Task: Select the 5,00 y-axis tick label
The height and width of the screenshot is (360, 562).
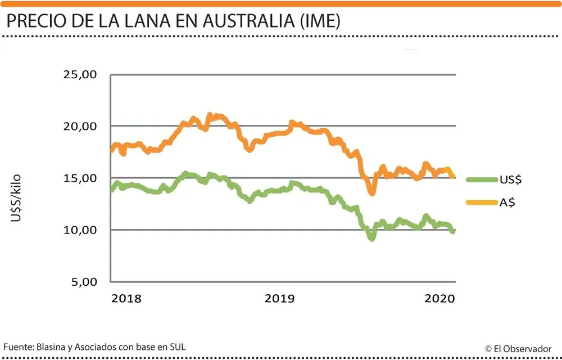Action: click(x=84, y=282)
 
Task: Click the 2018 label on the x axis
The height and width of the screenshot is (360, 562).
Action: click(x=126, y=299)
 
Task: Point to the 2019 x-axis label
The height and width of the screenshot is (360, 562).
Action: click(x=279, y=299)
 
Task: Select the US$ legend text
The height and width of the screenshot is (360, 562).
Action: click(x=511, y=180)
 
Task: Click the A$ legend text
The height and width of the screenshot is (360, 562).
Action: click(x=507, y=202)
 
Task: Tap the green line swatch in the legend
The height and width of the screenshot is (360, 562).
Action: click(x=482, y=180)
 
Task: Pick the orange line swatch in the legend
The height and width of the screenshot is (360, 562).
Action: click(x=482, y=202)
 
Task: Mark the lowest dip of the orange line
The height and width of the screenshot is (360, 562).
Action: click(x=371, y=193)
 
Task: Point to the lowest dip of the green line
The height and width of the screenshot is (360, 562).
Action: click(x=371, y=238)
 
